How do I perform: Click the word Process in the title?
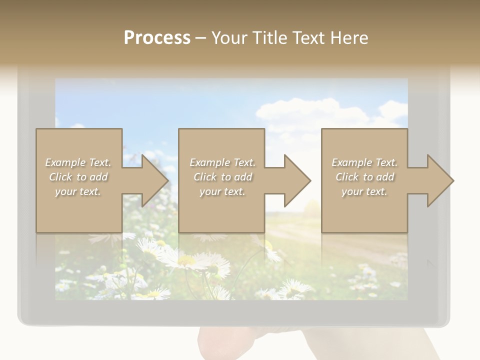(157, 37)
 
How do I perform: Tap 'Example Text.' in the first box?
(78, 162)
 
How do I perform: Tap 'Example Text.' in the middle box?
(222, 162)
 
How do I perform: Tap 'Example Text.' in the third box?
(364, 162)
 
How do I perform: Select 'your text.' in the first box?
(78, 191)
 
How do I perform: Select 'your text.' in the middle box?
(222, 191)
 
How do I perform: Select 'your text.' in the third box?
(364, 191)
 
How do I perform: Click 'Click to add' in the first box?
(78, 177)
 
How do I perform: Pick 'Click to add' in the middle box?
(222, 177)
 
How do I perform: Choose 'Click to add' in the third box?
(364, 177)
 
